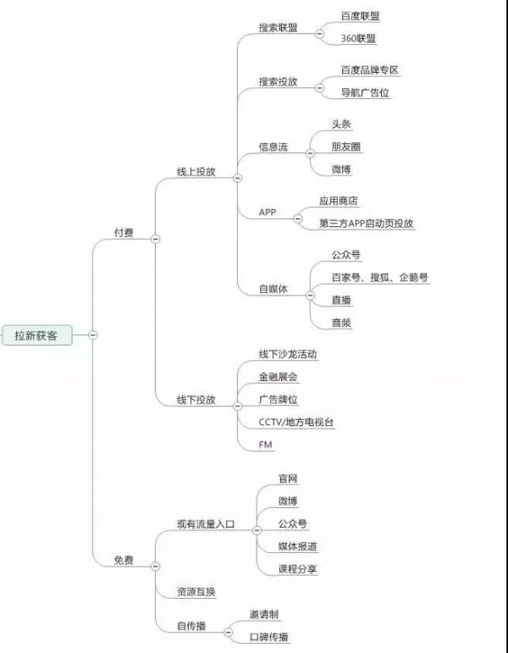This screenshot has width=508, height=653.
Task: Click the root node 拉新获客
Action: coord(36,335)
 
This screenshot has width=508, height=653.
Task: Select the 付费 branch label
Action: coord(124,232)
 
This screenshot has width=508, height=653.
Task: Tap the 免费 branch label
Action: coord(124,560)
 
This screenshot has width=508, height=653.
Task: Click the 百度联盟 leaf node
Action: coord(360,16)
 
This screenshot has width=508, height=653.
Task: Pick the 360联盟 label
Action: coord(358,39)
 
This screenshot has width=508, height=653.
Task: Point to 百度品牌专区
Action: coord(370,70)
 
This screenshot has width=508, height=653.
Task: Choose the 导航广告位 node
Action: coord(365,92)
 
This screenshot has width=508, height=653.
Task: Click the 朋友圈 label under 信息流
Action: coord(346,147)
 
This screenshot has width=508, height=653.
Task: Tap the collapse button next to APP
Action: coord(298,219)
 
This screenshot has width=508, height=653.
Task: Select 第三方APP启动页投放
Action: coord(366,224)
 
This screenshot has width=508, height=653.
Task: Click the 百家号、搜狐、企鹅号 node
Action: coord(380,277)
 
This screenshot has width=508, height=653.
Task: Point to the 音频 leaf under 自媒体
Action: coord(341,323)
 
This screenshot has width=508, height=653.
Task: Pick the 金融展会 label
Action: coord(279,377)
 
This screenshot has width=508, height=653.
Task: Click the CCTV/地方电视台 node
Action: coord(296,422)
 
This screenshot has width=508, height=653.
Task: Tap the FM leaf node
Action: coord(265,445)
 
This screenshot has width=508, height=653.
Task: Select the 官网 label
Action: coord(288,479)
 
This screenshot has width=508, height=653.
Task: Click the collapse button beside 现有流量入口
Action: coord(257,530)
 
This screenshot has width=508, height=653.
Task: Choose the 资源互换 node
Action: coord(196,592)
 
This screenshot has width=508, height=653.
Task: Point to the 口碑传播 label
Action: coord(269,637)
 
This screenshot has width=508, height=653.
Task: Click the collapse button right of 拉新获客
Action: coord(93,335)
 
